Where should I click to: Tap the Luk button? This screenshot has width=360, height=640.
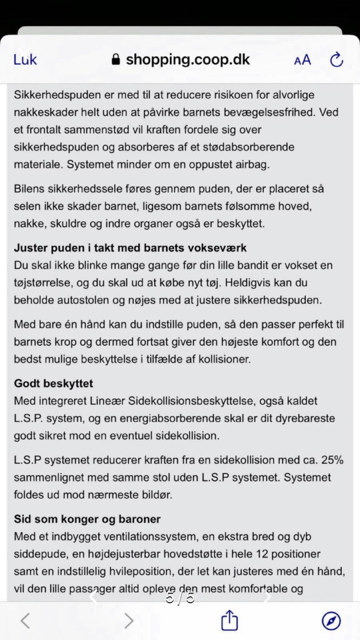pos(25,60)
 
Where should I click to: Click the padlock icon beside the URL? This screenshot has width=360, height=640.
pos(116,60)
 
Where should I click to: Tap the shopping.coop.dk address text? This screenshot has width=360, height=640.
pos(188,60)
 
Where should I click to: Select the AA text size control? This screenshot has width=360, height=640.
pos(302,60)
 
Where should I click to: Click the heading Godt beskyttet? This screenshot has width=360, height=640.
pos(53,383)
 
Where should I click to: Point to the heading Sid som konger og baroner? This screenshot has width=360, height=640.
pos(87,519)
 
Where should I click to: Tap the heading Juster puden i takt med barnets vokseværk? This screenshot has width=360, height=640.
pos(130,248)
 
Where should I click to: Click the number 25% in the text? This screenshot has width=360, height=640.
pos(332,460)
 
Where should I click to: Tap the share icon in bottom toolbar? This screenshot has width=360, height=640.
pos(230,620)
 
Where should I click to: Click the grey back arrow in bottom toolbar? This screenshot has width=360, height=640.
pos(25,621)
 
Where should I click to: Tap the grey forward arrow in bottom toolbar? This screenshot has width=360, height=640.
pos(128,621)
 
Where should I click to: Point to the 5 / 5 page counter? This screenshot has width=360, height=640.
pos(180,598)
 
